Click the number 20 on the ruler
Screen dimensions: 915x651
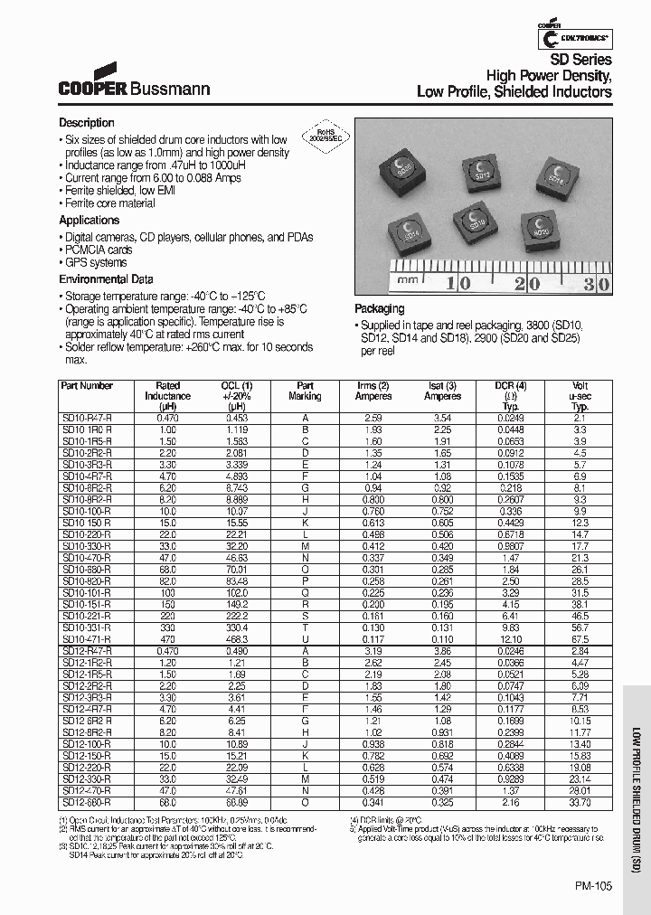click(x=526, y=284)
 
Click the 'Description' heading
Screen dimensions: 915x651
click(x=87, y=123)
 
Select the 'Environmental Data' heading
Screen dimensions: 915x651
click(x=106, y=279)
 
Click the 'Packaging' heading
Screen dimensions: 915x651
click(x=380, y=309)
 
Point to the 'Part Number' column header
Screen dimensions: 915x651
click(x=87, y=385)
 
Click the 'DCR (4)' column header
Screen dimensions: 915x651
click(x=510, y=385)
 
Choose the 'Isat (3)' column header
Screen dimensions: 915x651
click(x=443, y=385)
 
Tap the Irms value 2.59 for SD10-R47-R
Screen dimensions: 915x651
click(x=373, y=418)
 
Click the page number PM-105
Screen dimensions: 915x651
click(x=593, y=887)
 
